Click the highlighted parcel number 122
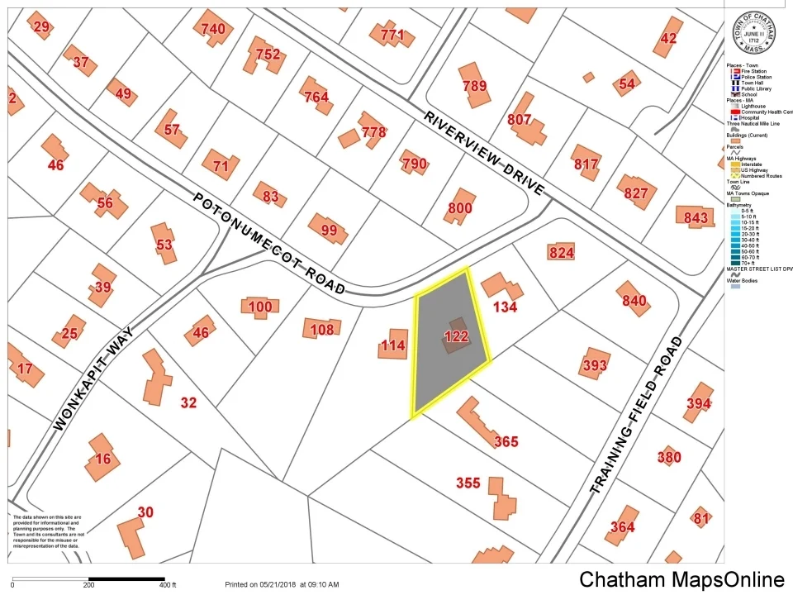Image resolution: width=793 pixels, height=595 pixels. point(456,336)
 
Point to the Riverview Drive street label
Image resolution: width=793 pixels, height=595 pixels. point(485,153)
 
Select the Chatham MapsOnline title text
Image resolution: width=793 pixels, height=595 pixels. point(681,580)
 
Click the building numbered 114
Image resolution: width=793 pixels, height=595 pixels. point(393,345)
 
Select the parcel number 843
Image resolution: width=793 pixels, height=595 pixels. point(696,217)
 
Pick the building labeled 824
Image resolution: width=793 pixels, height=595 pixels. point(561,252)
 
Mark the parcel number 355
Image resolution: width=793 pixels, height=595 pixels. point(468,483)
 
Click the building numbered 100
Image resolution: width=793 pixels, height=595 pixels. point(259,307)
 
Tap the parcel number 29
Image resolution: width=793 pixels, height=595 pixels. point(41,27)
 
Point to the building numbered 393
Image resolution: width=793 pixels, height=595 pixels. point(594,364)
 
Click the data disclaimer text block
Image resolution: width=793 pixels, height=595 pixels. point(46,531)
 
